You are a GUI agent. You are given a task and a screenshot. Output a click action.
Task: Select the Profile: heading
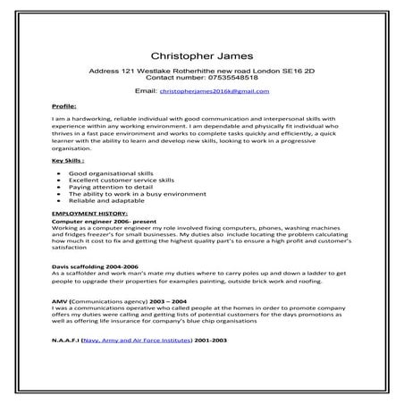65,105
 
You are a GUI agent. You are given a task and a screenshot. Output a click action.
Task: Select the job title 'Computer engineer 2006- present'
97,223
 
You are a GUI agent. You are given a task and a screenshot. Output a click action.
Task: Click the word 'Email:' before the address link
146,91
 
